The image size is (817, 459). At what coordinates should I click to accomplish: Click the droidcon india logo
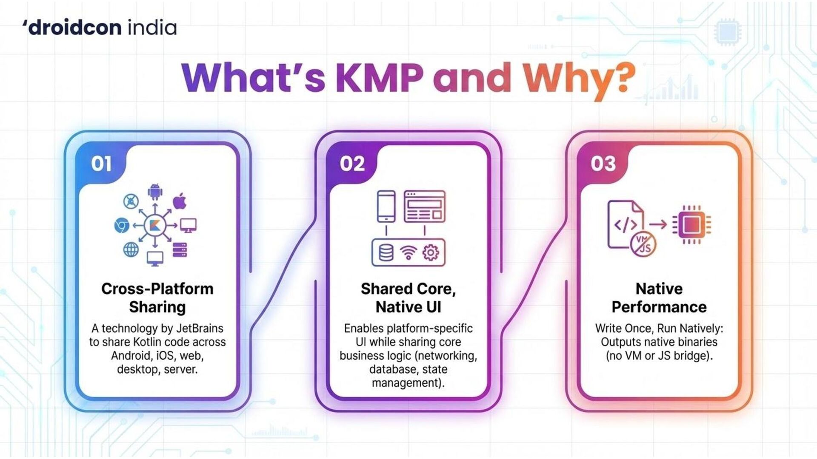pyautogui.click(x=100, y=28)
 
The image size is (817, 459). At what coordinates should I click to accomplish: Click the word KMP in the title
pyautogui.click(x=380, y=78)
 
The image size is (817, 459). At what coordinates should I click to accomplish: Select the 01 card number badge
pyautogui.click(x=101, y=164)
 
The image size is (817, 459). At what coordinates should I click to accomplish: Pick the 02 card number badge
pyautogui.click(x=352, y=164)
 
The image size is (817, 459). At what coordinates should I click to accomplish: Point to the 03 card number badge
pyautogui.click(x=603, y=164)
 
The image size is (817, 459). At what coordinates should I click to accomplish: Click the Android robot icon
pyautogui.click(x=155, y=192)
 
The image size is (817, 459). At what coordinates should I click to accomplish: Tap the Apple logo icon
pyautogui.click(x=180, y=201)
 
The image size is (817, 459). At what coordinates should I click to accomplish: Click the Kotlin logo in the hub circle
pyautogui.click(x=155, y=225)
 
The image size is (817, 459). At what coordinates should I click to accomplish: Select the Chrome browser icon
pyautogui.click(x=122, y=225)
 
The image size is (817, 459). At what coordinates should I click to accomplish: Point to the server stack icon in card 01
pyautogui.click(x=180, y=249)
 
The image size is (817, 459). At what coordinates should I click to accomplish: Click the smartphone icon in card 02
pyautogui.click(x=386, y=206)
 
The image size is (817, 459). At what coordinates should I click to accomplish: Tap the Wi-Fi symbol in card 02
pyautogui.click(x=408, y=253)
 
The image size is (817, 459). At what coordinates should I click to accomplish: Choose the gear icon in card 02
pyautogui.click(x=430, y=253)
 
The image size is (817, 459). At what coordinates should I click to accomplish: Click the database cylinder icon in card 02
pyautogui.click(x=386, y=253)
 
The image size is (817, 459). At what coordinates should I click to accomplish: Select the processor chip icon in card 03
pyautogui.click(x=691, y=225)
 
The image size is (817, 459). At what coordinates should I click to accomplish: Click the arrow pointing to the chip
pyautogui.click(x=657, y=224)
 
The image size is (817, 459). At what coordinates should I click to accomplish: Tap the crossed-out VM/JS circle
pyautogui.click(x=643, y=244)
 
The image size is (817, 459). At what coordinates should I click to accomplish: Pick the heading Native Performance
pyautogui.click(x=659, y=297)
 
